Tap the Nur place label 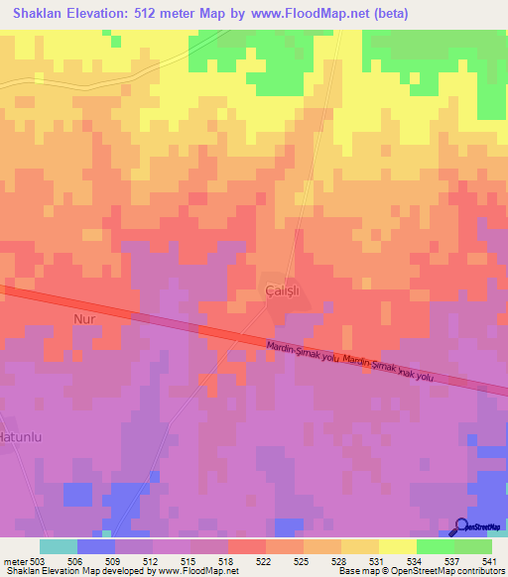pyautogui.click(x=83, y=319)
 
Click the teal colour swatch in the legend pyautogui.click(x=59, y=546)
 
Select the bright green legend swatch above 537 pyautogui.click(x=435, y=546)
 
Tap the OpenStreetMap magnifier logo pyautogui.click(x=461, y=527)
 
